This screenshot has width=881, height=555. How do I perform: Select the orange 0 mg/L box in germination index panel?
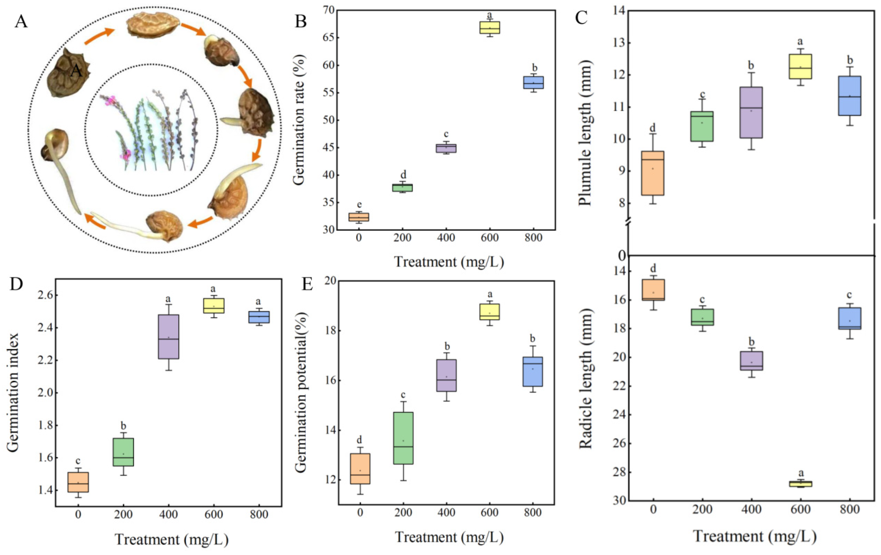[x=78, y=482]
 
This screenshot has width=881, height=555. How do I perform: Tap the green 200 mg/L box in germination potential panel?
[x=403, y=438]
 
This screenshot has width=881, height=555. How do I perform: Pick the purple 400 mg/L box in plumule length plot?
[x=751, y=112]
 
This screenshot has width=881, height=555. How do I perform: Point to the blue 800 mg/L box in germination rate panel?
[x=533, y=82]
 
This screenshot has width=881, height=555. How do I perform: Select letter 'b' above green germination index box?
[x=123, y=426]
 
